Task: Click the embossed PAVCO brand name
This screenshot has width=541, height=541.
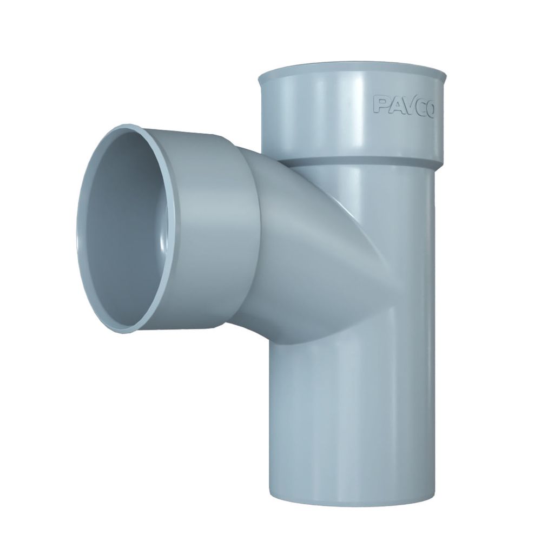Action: pyautogui.click(x=404, y=106)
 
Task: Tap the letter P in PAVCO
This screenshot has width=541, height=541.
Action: pyautogui.click(x=380, y=104)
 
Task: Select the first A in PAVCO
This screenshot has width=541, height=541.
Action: pyautogui.click(x=394, y=105)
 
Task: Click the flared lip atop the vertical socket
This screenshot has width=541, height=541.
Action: pyautogui.click(x=352, y=73)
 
